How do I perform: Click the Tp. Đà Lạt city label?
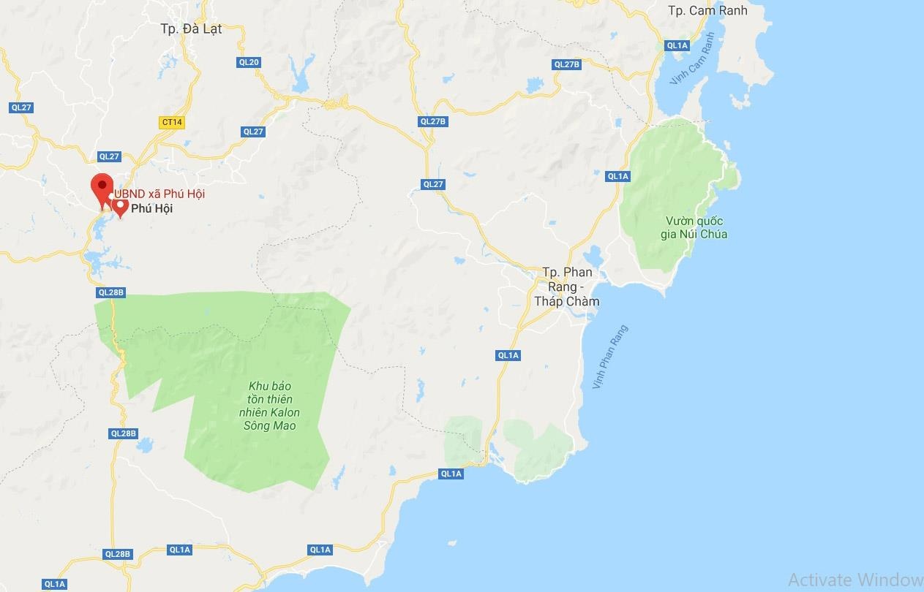pyautogui.click(x=191, y=29)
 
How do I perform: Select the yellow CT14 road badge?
pyautogui.click(x=172, y=122)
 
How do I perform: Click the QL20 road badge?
pyautogui.click(x=249, y=62)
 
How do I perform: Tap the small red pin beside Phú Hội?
pyautogui.click(x=121, y=208)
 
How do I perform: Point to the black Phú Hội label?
pyautogui.click(x=152, y=209)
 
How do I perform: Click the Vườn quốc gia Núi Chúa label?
pyautogui.click(x=696, y=227)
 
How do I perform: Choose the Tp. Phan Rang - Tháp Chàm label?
pyautogui.click(x=567, y=286)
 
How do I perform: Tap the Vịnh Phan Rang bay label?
pyautogui.click(x=610, y=357)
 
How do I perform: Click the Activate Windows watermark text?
pyautogui.click(x=855, y=580)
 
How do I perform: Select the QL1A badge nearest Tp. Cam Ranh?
pyautogui.click(x=677, y=45)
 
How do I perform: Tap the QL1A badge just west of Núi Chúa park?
pyautogui.click(x=617, y=176)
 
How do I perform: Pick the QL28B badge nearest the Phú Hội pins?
pyautogui.click(x=111, y=292)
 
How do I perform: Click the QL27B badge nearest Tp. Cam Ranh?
pyautogui.click(x=567, y=64)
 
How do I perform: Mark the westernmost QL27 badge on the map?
pyautogui.click(x=21, y=107)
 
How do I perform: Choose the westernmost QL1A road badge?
pyautogui.click(x=55, y=584)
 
